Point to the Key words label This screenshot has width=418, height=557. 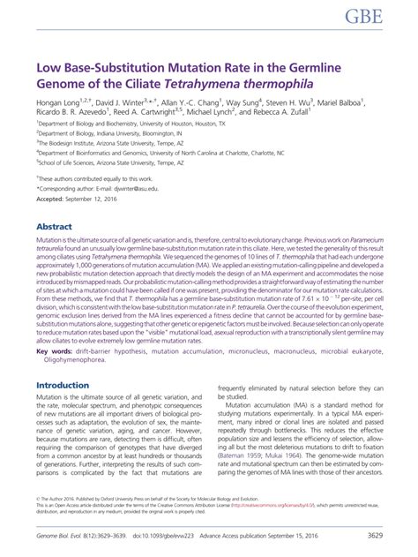click(56, 350)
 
